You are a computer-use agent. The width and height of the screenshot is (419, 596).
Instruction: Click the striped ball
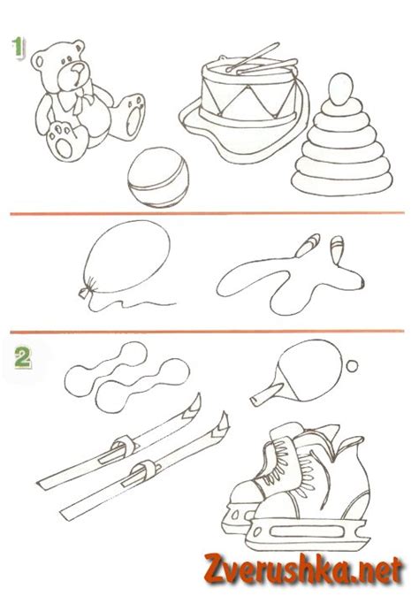pyautogui.click(x=158, y=177)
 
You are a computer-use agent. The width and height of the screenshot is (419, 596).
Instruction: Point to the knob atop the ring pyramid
pyautogui.click(x=341, y=89)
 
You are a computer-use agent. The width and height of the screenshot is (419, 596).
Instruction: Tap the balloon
pyautogui.click(x=126, y=258)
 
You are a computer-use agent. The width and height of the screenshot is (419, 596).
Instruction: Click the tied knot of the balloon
pyautogui.click(x=85, y=292)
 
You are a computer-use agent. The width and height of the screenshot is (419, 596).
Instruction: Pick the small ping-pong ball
pyautogui.click(x=352, y=366)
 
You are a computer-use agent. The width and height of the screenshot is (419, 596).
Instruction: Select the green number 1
pyautogui.click(x=17, y=49)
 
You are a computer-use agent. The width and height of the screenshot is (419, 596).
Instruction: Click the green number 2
pyautogui.click(x=22, y=358)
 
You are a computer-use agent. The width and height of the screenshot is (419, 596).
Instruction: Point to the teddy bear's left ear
pyautogui.click(x=38, y=61)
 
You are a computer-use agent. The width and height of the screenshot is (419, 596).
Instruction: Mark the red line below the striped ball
pyautogui.click(x=207, y=213)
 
